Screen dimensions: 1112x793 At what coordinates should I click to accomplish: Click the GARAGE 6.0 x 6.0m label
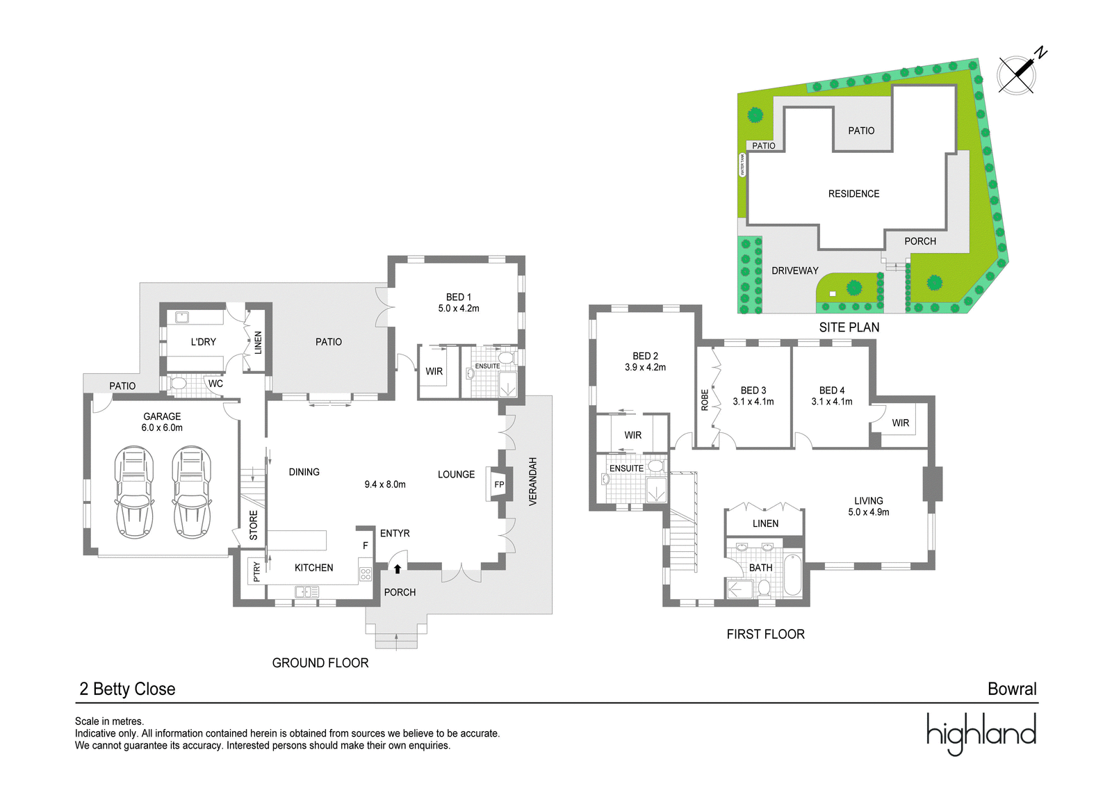coord(162,422)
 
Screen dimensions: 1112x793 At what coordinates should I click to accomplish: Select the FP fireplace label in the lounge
coord(499,484)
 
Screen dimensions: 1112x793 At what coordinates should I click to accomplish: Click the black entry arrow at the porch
coord(397,569)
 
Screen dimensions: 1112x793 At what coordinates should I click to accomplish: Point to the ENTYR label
coord(395,533)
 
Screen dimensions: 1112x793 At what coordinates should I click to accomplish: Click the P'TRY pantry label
coord(256,572)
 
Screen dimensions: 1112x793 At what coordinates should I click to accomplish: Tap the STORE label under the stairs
coord(253,525)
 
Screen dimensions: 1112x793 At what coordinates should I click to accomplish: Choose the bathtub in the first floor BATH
coord(792,574)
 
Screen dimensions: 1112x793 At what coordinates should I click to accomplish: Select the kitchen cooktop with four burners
coord(366,575)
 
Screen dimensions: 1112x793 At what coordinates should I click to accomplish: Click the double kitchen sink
coord(306,591)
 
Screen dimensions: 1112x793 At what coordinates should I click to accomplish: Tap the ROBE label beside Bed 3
coord(705,400)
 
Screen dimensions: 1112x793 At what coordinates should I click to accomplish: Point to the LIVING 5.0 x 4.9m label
coord(868,506)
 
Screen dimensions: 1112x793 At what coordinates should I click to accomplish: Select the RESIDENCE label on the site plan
coord(853,194)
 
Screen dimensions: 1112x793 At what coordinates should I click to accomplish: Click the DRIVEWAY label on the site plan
coord(795,270)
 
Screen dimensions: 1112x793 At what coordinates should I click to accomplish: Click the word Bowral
coord(1012,689)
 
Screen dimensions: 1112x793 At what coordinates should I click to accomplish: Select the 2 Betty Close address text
coord(128,689)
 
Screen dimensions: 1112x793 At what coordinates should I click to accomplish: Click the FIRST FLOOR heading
coord(765,634)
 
